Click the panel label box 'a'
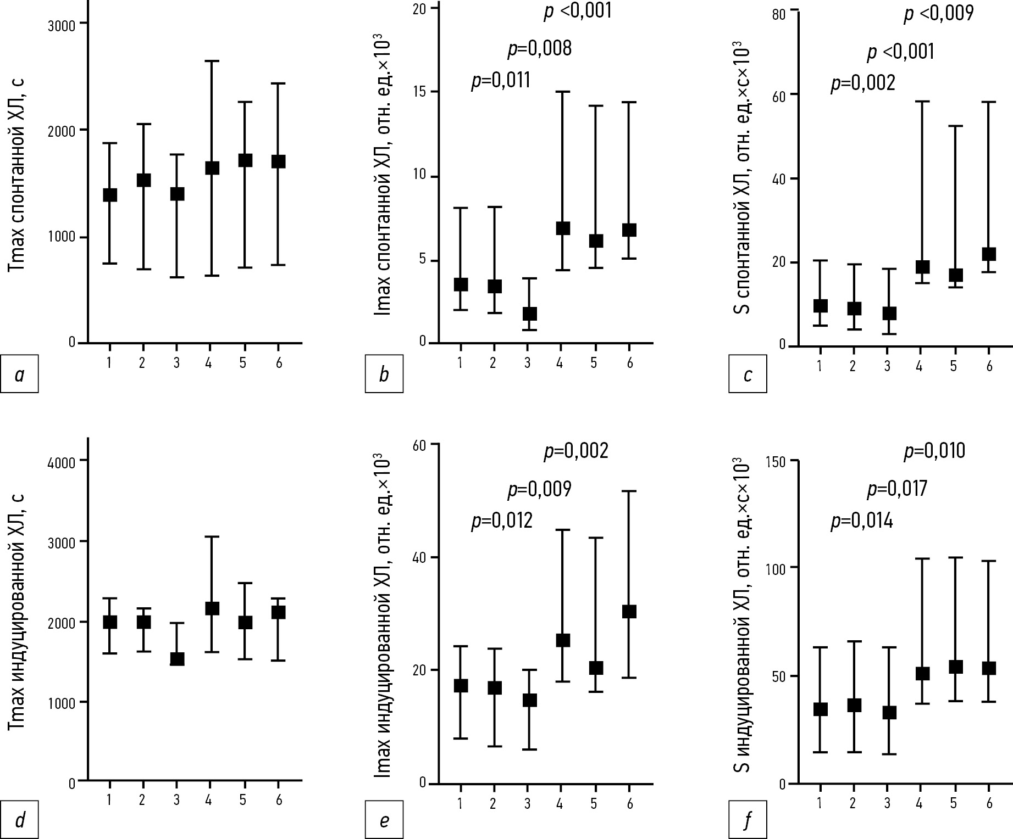[x=19, y=374]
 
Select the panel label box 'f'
[x=748, y=820]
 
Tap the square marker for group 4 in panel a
[x=212, y=168]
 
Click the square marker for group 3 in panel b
[x=529, y=314]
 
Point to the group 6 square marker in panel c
[x=988, y=254]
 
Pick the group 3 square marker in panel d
[x=176, y=658]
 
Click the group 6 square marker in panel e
[x=629, y=612]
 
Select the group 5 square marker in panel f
[x=955, y=667]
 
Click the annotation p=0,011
[x=501, y=81]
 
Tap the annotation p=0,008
[x=539, y=49]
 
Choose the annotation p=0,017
[x=897, y=489]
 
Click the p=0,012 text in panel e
[x=502, y=520]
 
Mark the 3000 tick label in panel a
[x=63, y=23]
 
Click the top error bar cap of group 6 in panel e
[x=629, y=491]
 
